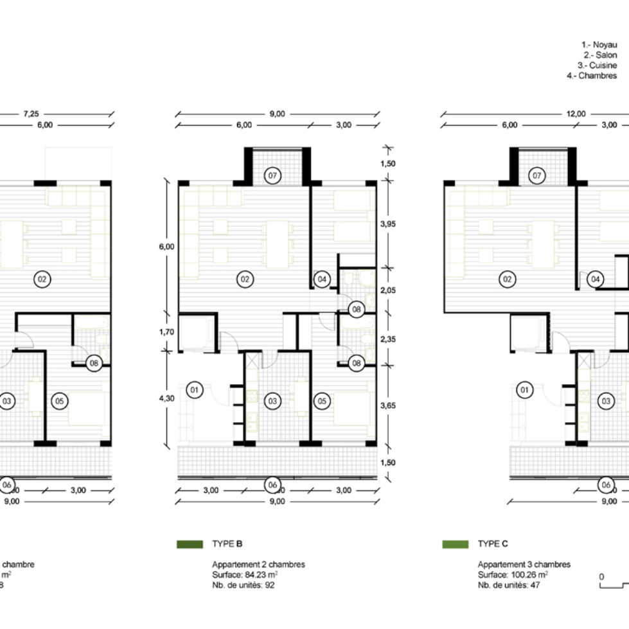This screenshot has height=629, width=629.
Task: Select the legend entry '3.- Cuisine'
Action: pos(598,66)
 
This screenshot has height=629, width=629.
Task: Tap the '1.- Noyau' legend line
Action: pos(599,45)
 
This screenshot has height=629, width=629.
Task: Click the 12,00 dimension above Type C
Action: pos(576,114)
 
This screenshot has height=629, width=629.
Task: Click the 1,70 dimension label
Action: pos(167,332)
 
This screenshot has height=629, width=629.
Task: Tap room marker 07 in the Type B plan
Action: pos(272,175)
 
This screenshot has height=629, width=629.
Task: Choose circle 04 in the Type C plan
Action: pos(595,279)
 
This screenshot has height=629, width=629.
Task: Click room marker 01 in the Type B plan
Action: pos(194,389)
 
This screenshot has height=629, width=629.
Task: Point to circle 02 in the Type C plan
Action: pos(507,279)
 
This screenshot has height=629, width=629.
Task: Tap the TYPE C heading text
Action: pos(493,544)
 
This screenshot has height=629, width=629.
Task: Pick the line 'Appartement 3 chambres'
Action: pos(524,565)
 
